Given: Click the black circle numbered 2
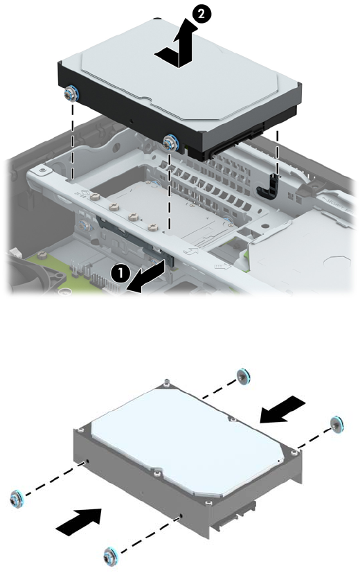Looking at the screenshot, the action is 201,15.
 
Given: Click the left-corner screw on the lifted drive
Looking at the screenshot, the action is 69,94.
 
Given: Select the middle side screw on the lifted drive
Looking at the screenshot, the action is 171,142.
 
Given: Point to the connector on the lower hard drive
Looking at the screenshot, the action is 237,515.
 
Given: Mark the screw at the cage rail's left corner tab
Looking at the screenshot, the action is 44,169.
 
